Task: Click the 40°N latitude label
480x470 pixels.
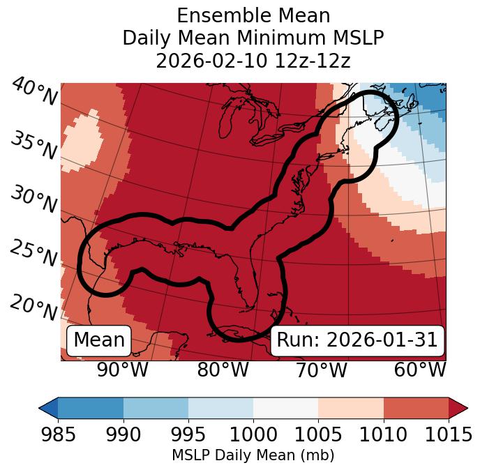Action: [x=34, y=92]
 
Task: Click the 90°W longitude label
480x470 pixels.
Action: [x=122, y=370]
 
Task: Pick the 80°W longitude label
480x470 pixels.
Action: [x=223, y=370]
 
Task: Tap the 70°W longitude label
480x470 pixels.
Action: [x=321, y=370]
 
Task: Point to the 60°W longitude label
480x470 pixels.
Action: [x=420, y=370]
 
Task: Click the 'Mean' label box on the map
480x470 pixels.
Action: [x=99, y=340]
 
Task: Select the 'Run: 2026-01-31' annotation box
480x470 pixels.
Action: [x=357, y=340]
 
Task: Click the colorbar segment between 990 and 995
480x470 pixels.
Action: [x=156, y=407]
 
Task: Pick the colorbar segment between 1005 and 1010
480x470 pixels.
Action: [x=350, y=407]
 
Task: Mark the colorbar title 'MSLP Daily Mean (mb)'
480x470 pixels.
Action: [x=253, y=455]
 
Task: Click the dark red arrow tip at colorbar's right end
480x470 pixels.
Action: [x=458, y=407]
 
